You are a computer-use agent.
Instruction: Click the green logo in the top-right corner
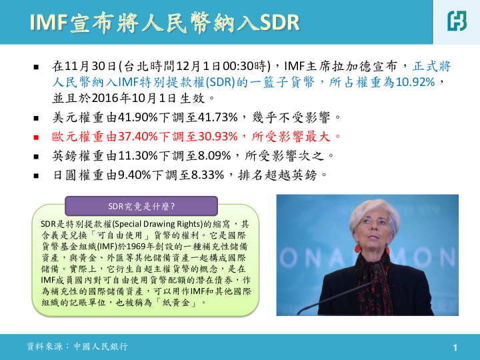(457, 21)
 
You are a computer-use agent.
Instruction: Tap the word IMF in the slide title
(49, 23)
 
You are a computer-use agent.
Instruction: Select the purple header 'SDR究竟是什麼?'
(140, 206)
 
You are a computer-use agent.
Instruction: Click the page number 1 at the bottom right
(455, 347)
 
